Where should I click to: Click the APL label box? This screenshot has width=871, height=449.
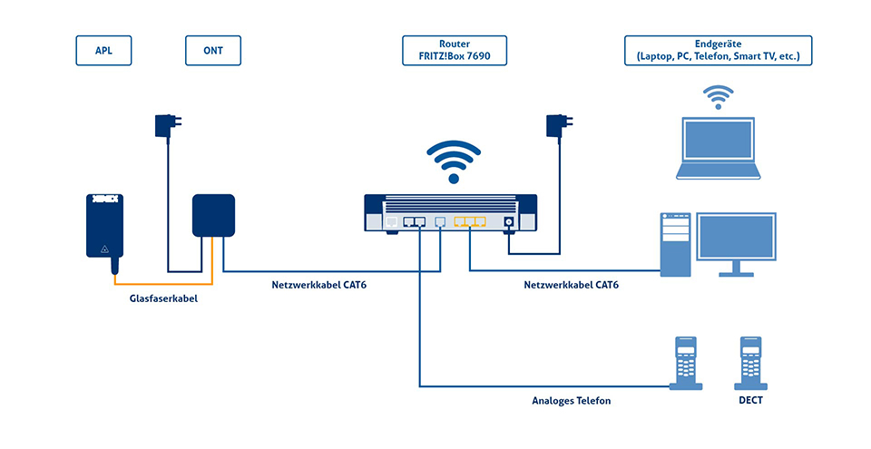point(102,51)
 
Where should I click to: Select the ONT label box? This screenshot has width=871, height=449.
point(214,51)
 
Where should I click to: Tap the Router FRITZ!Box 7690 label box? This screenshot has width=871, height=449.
point(455,51)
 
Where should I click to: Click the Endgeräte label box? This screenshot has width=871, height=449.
point(718,51)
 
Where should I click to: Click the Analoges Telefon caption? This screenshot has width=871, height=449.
point(571,399)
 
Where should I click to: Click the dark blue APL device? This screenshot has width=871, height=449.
point(104,227)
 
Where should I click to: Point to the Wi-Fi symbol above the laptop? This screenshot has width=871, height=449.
point(719,96)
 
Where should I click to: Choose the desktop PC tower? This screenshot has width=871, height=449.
point(675,243)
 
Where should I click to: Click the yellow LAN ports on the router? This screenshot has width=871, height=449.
point(470,221)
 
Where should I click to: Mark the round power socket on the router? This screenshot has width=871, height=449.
point(509,221)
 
